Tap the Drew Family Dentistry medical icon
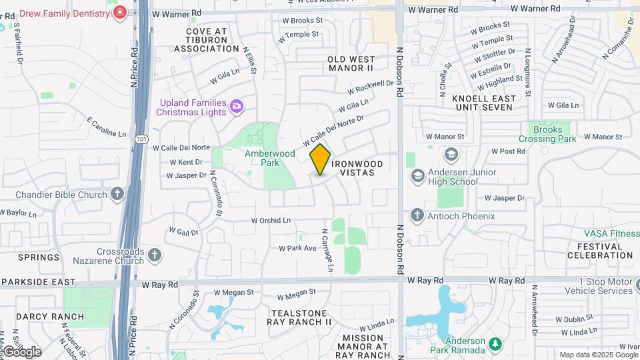point(120,13)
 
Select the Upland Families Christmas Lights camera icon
point(236,106)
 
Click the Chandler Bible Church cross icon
point(117,195)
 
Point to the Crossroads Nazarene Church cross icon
point(155,255)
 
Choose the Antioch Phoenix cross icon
point(417,215)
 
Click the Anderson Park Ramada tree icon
point(495,344)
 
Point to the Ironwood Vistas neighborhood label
point(357,168)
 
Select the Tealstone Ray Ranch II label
point(299,317)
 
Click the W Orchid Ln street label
point(271,220)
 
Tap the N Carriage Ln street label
point(327,251)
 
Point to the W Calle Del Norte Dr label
point(333,131)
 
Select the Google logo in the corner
point(22,351)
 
